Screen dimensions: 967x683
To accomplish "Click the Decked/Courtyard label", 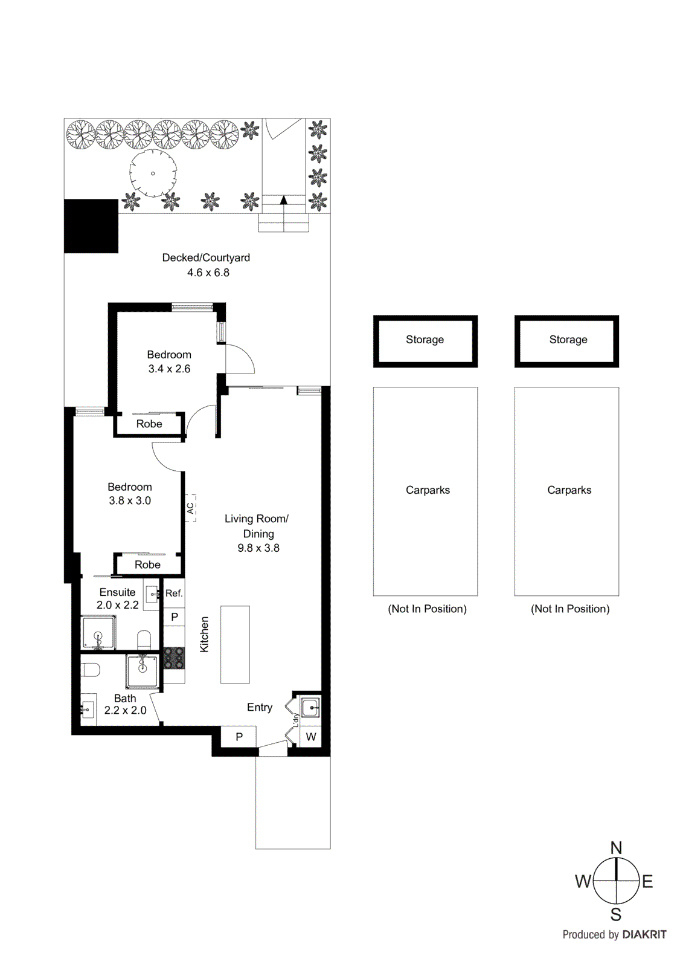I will tap(206, 257).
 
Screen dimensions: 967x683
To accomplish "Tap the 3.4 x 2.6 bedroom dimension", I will tap(169, 369).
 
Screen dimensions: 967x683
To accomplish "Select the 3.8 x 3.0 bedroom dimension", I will tap(130, 500).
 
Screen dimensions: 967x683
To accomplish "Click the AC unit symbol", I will tap(190, 508).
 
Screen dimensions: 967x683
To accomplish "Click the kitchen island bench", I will tap(235, 644).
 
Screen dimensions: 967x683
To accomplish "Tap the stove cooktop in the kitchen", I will tap(174, 658).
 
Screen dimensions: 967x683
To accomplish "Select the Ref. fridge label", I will tap(174, 593).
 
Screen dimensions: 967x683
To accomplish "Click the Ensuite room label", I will tap(117, 592).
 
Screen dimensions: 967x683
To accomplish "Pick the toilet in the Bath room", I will tap(91, 670).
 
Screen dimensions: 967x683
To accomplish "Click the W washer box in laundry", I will tap(311, 737).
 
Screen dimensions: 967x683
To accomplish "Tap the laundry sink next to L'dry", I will tap(311, 706).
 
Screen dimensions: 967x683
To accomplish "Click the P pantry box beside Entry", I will tap(239, 737).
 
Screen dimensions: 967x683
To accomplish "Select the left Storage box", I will tap(425, 340).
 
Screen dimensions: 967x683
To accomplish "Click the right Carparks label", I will tap(569, 490).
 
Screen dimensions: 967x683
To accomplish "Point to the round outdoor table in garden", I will tap(153, 173).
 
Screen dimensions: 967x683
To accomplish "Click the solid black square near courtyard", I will tap(91, 225).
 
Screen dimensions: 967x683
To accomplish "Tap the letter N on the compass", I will tap(616, 847).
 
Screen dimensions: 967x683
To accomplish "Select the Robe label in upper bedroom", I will tap(149, 424).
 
